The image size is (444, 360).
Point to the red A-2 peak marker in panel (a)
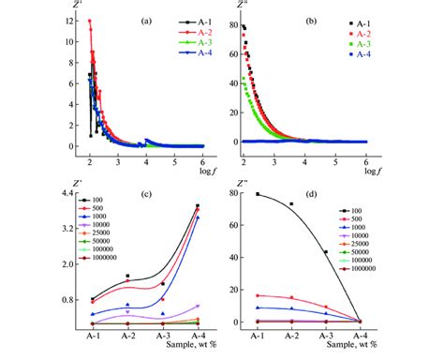pos(90,22)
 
